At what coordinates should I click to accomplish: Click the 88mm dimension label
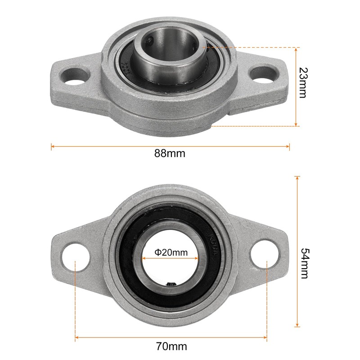(x=170, y=153)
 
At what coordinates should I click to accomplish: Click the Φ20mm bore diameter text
(x=171, y=252)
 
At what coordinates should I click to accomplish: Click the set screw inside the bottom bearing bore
(x=171, y=283)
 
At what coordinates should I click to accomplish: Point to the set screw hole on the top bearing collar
(x=149, y=43)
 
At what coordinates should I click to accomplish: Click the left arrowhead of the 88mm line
(x=53, y=146)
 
